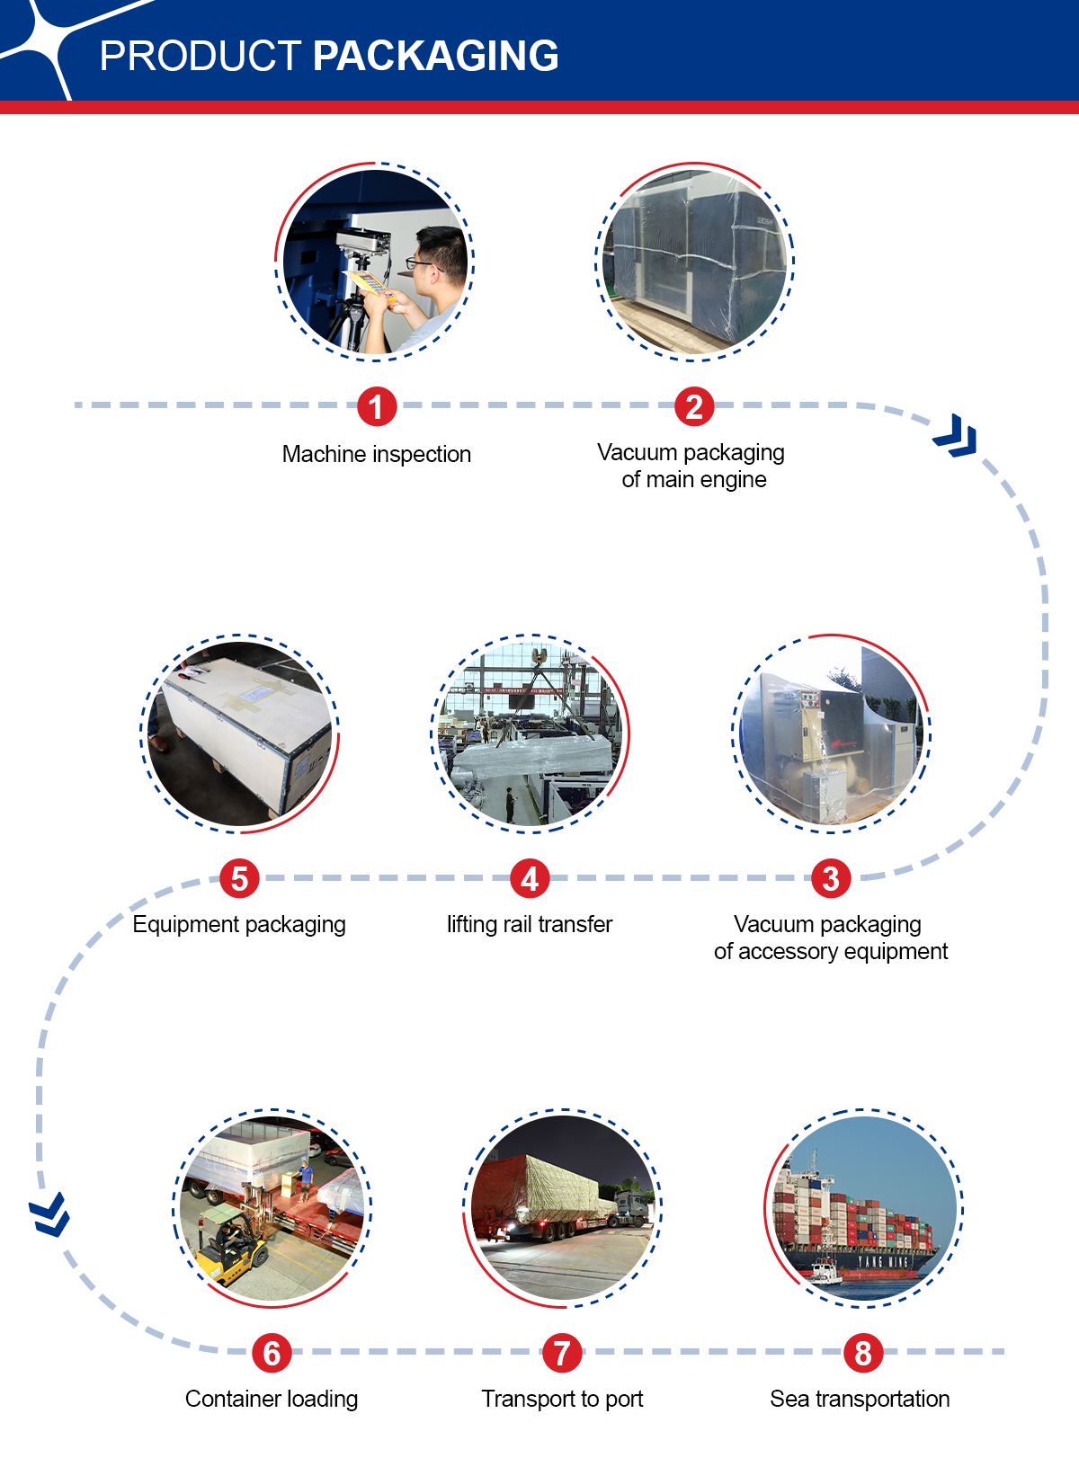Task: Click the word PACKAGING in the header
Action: (x=435, y=56)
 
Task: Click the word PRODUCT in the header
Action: (x=201, y=56)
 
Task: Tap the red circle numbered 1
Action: (x=377, y=406)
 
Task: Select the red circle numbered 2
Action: (x=694, y=406)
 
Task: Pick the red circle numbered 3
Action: (x=831, y=878)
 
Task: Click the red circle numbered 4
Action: (x=530, y=878)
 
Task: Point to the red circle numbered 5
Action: (x=239, y=878)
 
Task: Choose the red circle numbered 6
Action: (x=272, y=1353)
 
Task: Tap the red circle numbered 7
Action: (x=562, y=1353)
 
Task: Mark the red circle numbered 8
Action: (x=863, y=1353)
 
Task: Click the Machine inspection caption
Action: (x=377, y=454)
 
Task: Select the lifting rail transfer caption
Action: (x=530, y=925)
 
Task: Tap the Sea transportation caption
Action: (x=860, y=1399)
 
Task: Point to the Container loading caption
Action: (x=272, y=1400)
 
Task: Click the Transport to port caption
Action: (x=562, y=1400)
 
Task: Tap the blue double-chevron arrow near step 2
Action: (x=956, y=436)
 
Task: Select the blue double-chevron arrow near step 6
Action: (x=49, y=1214)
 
